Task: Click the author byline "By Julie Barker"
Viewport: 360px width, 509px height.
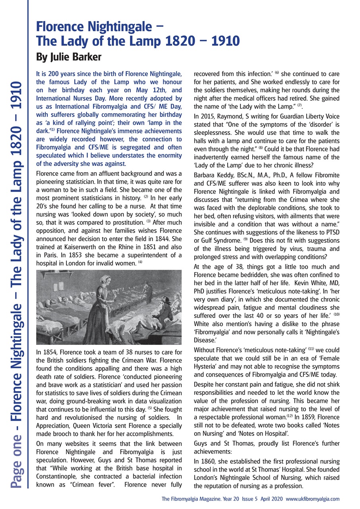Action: tap(68, 57)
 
